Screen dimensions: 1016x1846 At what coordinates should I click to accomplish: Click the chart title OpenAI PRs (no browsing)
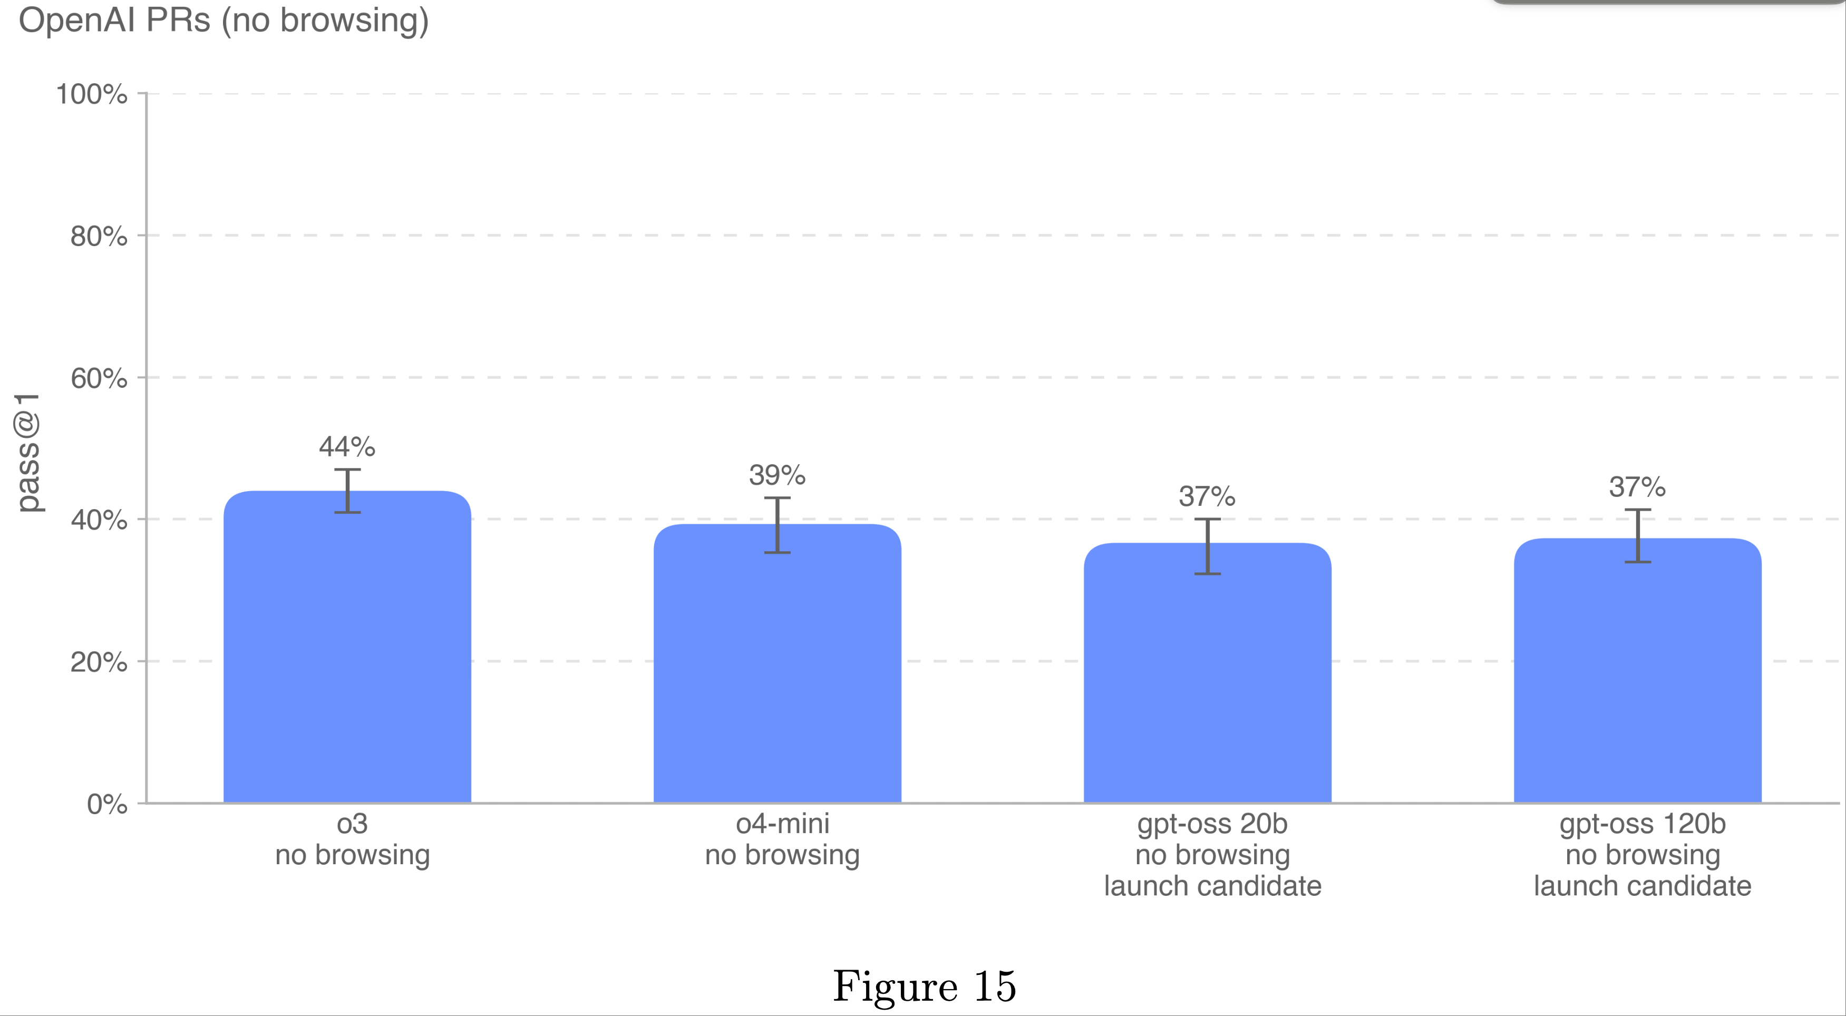[x=224, y=20]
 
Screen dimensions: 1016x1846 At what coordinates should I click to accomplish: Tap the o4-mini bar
[x=777, y=666]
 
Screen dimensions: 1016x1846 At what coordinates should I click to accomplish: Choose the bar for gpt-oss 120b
[x=1637, y=673]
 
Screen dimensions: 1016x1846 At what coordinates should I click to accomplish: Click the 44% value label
[x=347, y=447]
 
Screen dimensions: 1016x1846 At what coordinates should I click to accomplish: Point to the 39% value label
[x=777, y=475]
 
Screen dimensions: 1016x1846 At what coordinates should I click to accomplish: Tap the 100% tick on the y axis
[x=92, y=94]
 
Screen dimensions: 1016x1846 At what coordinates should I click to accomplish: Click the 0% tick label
[x=107, y=804]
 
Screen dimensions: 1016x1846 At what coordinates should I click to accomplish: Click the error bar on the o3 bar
[x=347, y=491]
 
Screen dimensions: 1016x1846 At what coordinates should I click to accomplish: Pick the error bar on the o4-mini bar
[x=777, y=525]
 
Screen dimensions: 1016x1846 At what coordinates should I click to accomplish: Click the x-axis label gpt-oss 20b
[x=1212, y=824]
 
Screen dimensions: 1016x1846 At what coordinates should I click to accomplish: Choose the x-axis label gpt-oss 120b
[x=1642, y=824]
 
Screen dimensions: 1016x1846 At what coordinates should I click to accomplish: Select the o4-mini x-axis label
[x=782, y=824]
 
